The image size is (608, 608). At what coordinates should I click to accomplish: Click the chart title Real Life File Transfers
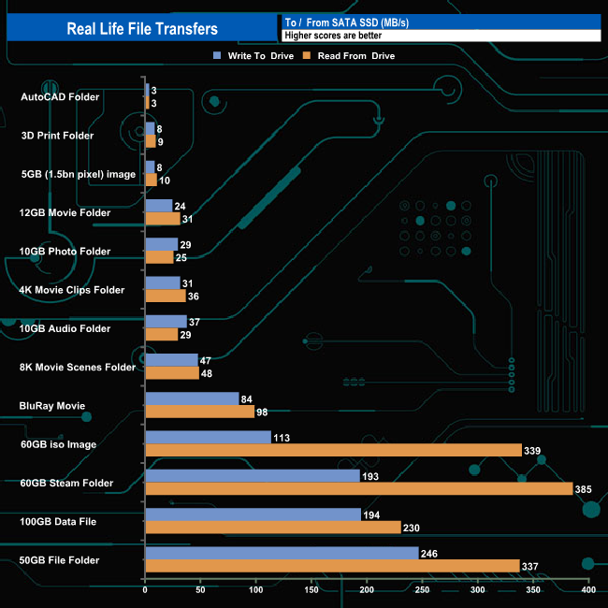coord(141,28)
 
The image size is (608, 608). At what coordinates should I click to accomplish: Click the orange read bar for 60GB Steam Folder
coord(359,489)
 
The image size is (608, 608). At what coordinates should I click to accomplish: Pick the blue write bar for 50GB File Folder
coord(282,553)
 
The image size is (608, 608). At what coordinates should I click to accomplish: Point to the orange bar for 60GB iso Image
coord(333,450)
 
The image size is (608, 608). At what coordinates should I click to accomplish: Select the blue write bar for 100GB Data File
coord(253,514)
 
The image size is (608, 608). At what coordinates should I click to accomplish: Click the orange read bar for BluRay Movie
coord(199,412)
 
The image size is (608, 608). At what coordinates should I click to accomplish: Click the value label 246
coord(430,553)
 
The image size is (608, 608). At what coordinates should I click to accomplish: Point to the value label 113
coord(282,437)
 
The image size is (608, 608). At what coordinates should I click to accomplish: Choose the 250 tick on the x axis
coord(423,590)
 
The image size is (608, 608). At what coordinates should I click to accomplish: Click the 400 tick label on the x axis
coord(588,590)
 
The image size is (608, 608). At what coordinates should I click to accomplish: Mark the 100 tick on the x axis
coord(256,590)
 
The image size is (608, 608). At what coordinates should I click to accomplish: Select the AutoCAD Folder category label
coord(60,96)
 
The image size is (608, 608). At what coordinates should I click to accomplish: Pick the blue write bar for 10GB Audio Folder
coord(166,322)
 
